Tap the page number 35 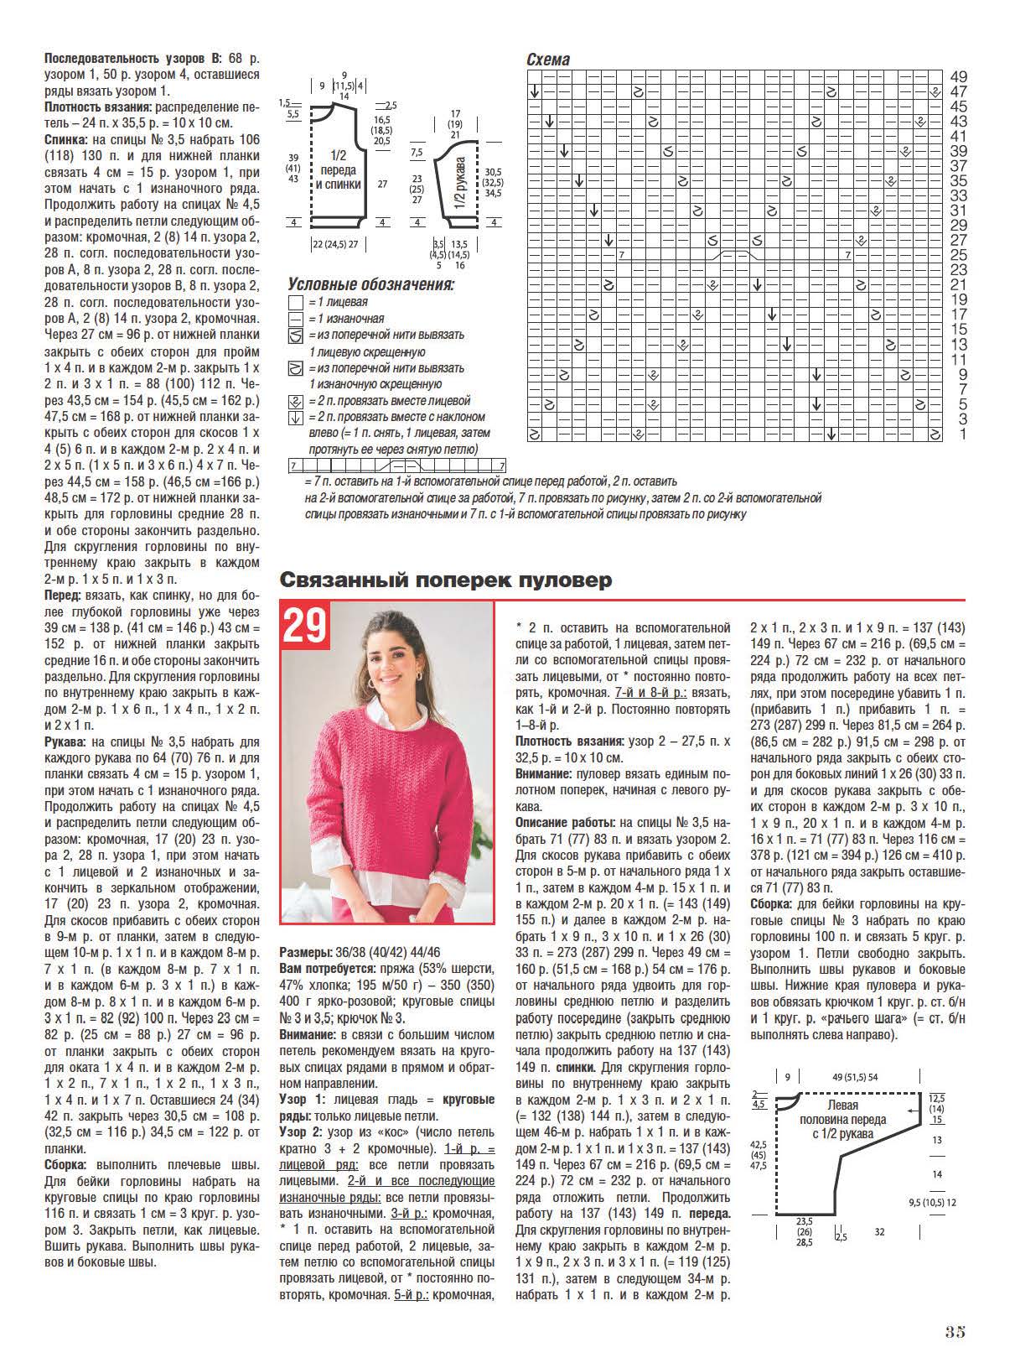click(955, 1331)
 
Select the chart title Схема click(547, 60)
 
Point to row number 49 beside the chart click(959, 76)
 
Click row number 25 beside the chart click(959, 255)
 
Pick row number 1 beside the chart click(963, 434)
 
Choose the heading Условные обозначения click(370, 284)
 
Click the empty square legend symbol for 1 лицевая click(295, 302)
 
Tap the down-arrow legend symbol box click(295, 417)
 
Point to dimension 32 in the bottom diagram click(879, 1232)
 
